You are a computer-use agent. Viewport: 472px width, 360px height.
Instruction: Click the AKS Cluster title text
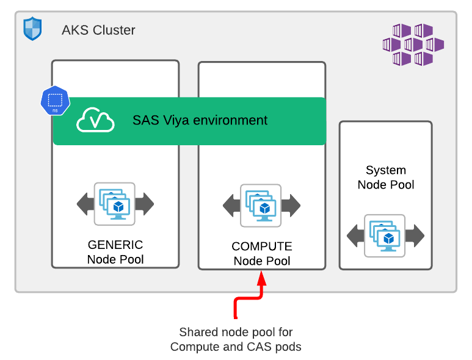tap(98, 30)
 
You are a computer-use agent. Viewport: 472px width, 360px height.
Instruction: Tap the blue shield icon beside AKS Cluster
tap(32, 29)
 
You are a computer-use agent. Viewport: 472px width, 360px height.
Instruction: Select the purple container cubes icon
tap(413, 44)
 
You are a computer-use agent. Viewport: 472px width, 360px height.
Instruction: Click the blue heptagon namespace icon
tap(54, 101)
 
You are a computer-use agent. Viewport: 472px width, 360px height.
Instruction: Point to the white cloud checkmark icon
tap(95, 120)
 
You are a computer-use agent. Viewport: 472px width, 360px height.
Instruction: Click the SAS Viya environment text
tap(200, 120)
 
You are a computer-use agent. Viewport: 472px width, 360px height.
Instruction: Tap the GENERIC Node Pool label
tap(115, 252)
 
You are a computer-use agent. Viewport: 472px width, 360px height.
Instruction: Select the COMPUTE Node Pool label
tap(262, 254)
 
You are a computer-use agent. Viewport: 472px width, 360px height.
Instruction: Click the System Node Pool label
tap(386, 178)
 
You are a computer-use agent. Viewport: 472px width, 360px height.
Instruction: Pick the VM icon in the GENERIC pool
tap(115, 203)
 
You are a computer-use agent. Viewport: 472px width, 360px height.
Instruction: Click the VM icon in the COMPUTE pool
tap(261, 206)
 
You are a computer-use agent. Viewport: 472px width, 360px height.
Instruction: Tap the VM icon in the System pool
tap(385, 236)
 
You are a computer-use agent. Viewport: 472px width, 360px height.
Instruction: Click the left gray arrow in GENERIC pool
tap(85, 204)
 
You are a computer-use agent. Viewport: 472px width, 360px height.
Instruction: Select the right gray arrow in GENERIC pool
tap(145, 204)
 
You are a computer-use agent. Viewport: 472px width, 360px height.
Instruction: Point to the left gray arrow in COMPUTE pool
tap(231, 206)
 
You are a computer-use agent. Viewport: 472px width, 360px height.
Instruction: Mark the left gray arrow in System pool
tap(355, 236)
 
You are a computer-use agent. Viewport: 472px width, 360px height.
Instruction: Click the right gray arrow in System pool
tap(415, 236)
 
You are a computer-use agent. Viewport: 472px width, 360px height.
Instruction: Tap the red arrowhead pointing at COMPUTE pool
tap(262, 278)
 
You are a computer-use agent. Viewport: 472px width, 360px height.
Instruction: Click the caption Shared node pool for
tap(236, 332)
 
